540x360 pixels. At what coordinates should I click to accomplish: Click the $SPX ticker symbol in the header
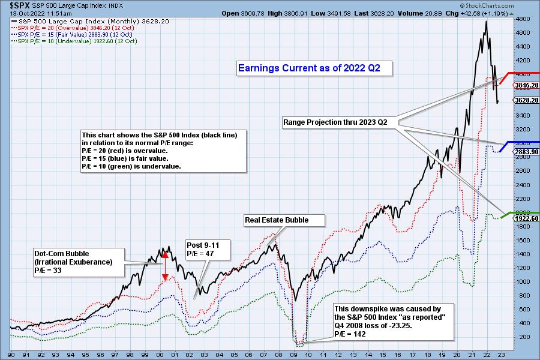(x=14, y=5)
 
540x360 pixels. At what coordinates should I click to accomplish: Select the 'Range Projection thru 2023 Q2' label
(x=335, y=122)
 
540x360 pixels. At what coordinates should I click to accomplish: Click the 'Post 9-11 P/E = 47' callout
(x=200, y=250)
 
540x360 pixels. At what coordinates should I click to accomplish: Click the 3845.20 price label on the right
(x=526, y=85)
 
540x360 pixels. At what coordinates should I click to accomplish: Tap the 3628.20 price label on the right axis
(x=526, y=100)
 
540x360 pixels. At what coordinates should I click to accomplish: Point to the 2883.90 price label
(x=526, y=152)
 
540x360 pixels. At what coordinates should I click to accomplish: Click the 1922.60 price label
(x=526, y=218)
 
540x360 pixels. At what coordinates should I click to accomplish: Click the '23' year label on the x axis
(x=500, y=354)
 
